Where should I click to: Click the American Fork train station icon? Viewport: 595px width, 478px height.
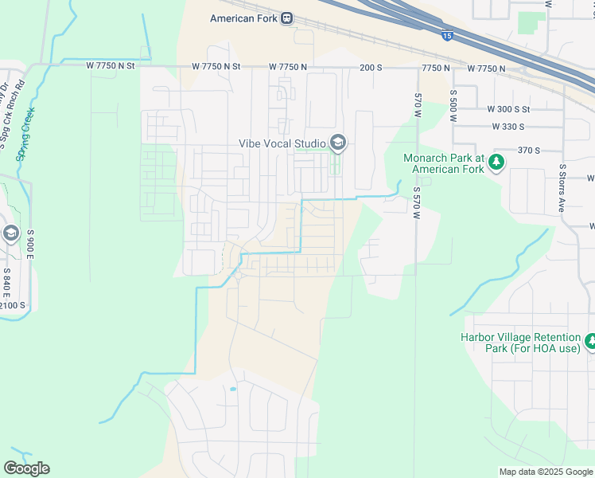(x=286, y=18)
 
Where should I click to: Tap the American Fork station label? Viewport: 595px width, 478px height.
(x=244, y=18)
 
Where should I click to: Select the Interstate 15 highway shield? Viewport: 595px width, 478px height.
(x=448, y=35)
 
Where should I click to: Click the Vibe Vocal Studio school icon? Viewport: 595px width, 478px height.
(x=337, y=143)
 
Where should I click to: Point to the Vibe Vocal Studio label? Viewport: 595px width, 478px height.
(x=282, y=143)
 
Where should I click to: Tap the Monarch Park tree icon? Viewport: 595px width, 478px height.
(x=497, y=163)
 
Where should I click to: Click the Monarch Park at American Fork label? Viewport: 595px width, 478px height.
(x=443, y=163)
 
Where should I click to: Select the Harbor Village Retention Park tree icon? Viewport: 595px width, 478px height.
(x=590, y=342)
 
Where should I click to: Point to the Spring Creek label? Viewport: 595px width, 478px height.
(x=26, y=135)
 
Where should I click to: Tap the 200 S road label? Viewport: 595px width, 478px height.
(x=371, y=68)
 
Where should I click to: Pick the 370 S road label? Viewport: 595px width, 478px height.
(x=528, y=150)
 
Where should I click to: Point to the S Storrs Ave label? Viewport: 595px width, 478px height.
(x=562, y=189)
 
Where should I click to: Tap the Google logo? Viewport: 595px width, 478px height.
(x=26, y=468)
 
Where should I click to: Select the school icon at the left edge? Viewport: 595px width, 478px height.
(x=10, y=233)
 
